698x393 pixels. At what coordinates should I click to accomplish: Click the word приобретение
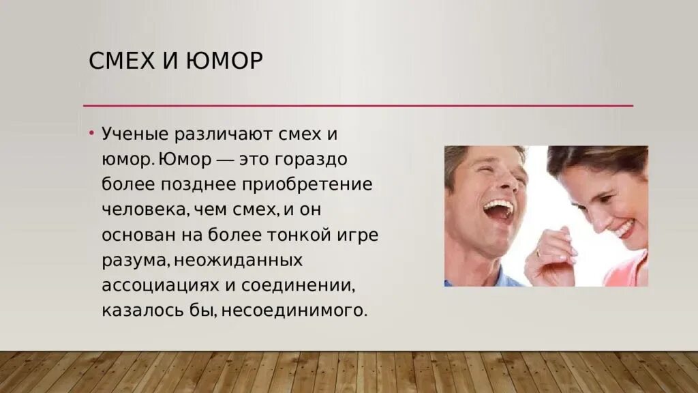[317, 184]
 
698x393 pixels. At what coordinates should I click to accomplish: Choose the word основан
[136, 235]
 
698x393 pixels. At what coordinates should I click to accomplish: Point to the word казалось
[140, 310]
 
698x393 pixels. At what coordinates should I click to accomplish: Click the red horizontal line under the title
[358, 106]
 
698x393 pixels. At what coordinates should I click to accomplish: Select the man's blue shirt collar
[504, 278]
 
